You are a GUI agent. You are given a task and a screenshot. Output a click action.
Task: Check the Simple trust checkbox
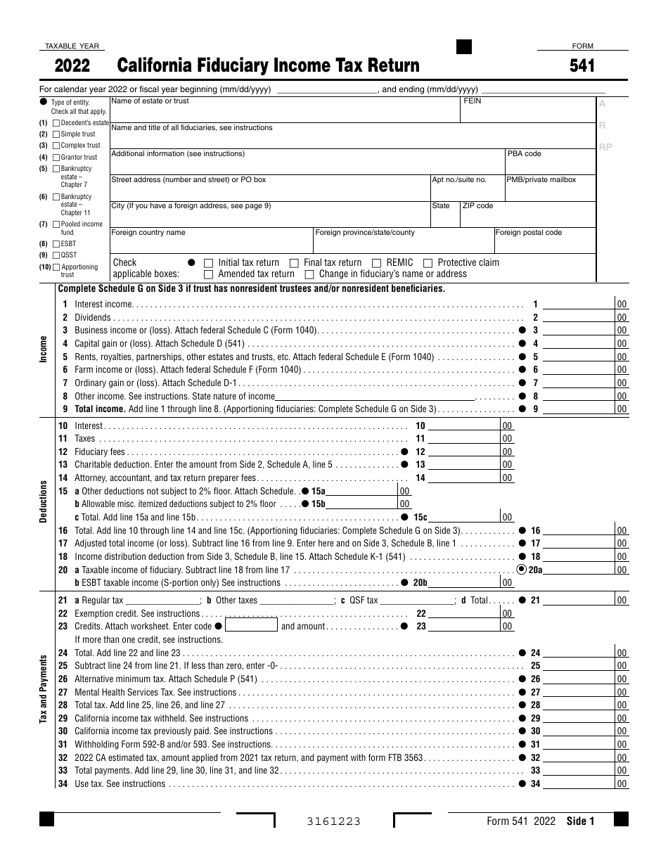coord(56,134)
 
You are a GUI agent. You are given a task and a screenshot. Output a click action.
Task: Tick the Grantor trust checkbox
coord(56,158)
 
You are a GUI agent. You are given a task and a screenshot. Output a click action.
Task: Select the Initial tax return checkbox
coord(208,263)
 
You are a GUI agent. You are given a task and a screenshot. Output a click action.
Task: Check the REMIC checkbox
coord(377,263)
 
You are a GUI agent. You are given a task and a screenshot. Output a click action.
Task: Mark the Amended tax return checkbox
coord(208,274)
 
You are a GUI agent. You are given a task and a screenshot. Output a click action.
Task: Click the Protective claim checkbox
coord(428,263)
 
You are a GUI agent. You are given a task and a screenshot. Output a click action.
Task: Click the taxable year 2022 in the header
coord(72,66)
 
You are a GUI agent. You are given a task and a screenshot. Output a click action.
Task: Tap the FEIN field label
coord(473,101)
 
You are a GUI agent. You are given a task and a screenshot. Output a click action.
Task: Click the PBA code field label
coord(524,154)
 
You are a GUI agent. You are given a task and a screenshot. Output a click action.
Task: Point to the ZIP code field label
coord(478,206)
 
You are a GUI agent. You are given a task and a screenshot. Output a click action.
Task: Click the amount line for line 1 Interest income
coord(579,305)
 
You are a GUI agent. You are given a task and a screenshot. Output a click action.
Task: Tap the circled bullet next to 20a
coord(522,570)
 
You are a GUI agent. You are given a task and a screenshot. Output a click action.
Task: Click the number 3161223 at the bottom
coord(333,821)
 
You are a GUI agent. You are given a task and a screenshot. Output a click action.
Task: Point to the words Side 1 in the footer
coord(580,821)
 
